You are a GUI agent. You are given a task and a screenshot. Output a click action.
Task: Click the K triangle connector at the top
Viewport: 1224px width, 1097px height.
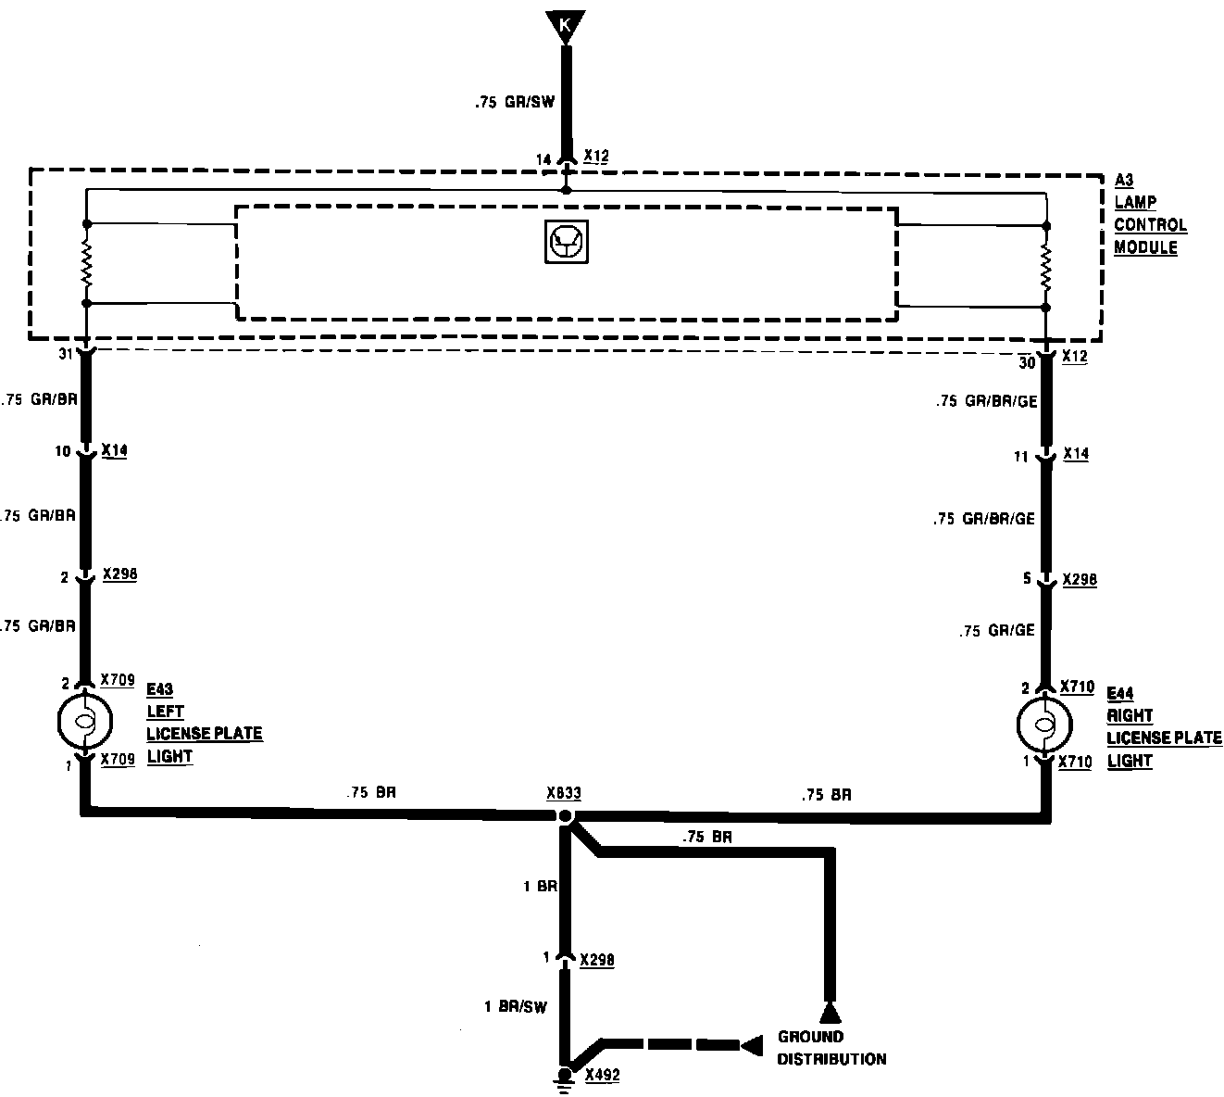tap(566, 24)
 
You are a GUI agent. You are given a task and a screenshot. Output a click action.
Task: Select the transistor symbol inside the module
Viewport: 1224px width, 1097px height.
tap(566, 243)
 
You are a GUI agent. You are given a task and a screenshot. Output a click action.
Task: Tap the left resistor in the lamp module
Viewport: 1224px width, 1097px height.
tap(86, 264)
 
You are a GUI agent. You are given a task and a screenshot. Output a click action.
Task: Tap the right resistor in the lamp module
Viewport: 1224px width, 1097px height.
tap(1046, 267)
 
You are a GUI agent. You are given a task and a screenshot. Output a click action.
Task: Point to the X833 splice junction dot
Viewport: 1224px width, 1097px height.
tap(564, 816)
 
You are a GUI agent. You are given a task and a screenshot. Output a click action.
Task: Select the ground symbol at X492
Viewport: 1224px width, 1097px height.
tap(563, 1076)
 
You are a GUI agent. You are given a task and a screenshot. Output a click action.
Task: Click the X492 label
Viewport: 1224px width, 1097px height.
tap(602, 1076)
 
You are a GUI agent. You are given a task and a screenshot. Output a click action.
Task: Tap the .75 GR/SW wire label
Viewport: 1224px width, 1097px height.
tap(515, 103)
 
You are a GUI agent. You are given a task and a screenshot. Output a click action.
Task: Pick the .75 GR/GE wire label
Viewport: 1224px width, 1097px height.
tap(997, 631)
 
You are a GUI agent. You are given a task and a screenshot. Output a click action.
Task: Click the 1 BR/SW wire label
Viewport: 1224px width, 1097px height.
tap(516, 1006)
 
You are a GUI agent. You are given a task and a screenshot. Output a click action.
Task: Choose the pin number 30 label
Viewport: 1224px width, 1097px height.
tap(1028, 363)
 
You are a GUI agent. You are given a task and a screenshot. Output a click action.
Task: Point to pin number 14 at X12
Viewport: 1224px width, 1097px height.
tap(544, 159)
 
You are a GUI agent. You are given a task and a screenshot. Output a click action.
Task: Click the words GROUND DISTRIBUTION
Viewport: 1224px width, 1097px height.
tap(831, 1048)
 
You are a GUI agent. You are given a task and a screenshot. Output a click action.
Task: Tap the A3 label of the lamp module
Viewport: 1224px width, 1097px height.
tap(1124, 180)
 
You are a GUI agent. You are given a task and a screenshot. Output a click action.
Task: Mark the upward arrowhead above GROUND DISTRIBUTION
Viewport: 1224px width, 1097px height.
tap(830, 1011)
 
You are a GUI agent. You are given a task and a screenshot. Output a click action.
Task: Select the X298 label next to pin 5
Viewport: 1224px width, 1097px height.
tap(1080, 580)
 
